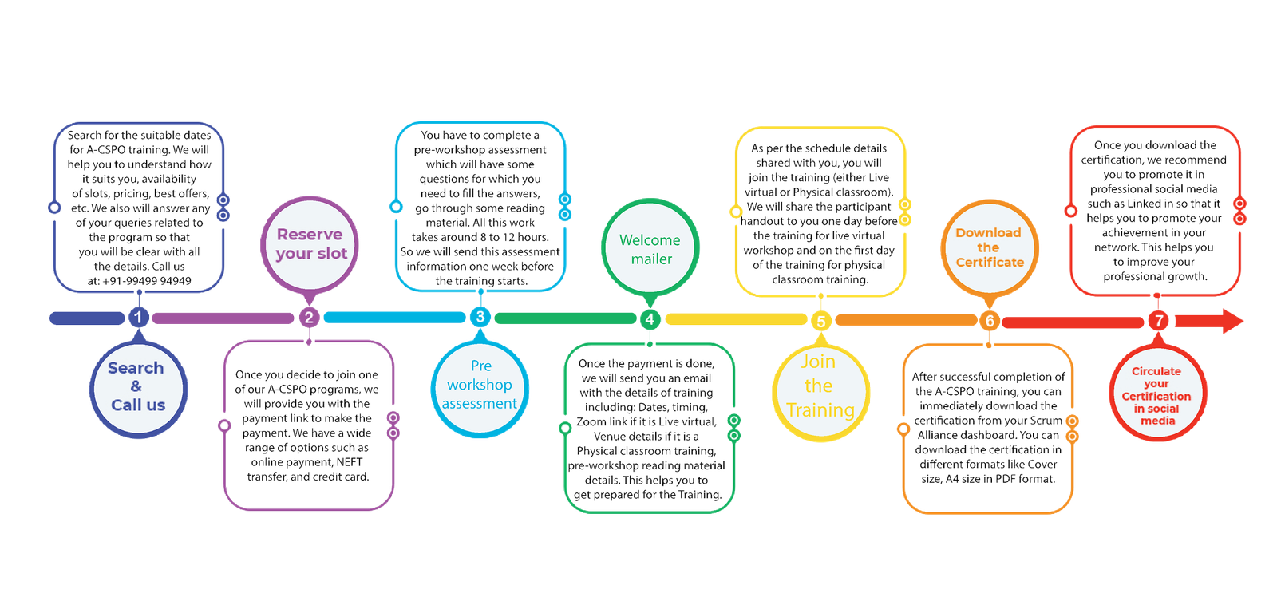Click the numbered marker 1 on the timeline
[139, 318]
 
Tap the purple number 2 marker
[309, 318]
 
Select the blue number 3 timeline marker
[480, 317]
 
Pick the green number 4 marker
[650, 319]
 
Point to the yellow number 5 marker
[821, 322]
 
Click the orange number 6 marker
[990, 321]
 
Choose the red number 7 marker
[1158, 321]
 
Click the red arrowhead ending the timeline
[1232, 321]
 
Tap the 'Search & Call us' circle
[138, 390]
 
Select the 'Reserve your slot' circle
[310, 245]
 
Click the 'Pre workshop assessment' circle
[480, 390]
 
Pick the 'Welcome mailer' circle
[650, 247]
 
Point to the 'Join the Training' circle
[821, 393]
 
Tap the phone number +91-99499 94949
[147, 281]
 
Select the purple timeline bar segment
[223, 318]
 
